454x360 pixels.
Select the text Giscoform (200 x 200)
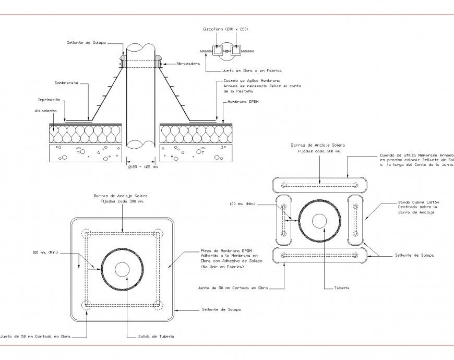pyautogui.click(x=225, y=29)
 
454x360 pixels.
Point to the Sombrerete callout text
pyautogui.click(x=66, y=83)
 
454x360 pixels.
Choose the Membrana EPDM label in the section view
pyautogui.click(x=243, y=102)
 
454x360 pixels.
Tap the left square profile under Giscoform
pyautogui.click(x=219, y=51)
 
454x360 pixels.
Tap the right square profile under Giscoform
pyautogui.click(x=236, y=51)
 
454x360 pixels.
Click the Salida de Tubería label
pyautogui.click(x=153, y=337)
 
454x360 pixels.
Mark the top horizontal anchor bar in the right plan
pyautogui.click(x=319, y=185)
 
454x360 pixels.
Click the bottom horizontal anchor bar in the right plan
pyautogui.click(x=319, y=255)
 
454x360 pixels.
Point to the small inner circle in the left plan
pyautogui.click(x=122, y=269)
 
